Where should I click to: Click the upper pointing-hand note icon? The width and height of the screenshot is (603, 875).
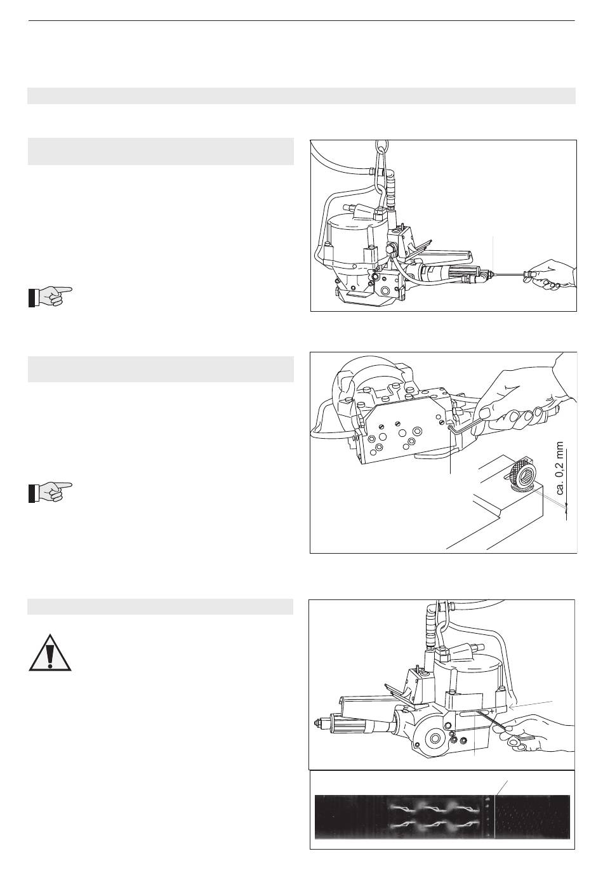click(50, 297)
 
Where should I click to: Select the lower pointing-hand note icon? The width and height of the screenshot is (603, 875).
click(50, 492)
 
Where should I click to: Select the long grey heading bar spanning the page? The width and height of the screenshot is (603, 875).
click(301, 96)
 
